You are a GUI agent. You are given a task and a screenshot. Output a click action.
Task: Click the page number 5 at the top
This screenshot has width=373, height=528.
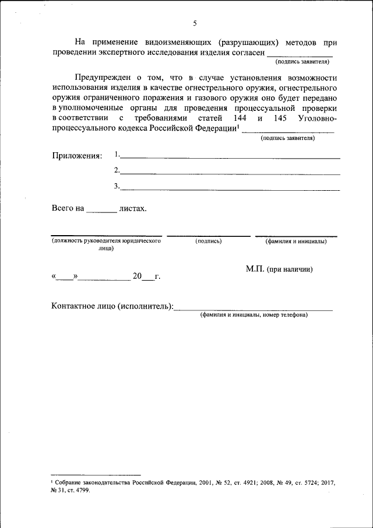tap(195, 23)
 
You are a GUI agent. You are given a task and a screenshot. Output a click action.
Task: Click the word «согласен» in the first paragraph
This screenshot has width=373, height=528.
tap(245, 52)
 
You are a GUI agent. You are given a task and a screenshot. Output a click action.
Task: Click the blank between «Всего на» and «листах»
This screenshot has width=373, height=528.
tap(101, 212)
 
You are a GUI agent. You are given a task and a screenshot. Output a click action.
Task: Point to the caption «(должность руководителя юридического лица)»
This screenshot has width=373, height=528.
tap(106, 244)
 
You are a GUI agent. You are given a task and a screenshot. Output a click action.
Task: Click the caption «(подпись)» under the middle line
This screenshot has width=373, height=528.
tap(208, 241)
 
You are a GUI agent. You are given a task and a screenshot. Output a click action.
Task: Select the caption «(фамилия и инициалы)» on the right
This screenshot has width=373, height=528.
tap(296, 241)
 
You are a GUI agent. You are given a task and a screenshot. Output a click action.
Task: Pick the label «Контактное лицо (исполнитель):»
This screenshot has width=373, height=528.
tap(112, 306)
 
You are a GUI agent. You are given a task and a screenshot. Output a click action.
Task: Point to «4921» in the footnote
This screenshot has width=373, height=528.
tap(233, 484)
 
